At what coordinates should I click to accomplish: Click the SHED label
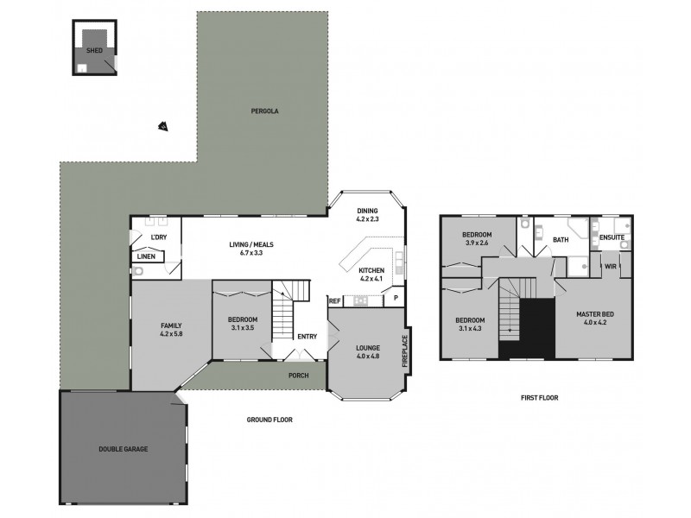(94, 52)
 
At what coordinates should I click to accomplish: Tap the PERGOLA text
(264, 111)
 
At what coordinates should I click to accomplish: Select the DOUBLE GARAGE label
(123, 450)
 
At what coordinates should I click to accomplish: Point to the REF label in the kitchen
(334, 301)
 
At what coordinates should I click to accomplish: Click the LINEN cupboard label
(146, 256)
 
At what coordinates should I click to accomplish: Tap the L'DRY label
(158, 237)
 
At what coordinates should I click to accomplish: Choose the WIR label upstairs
(609, 267)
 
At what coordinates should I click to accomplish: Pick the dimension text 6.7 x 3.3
(246, 254)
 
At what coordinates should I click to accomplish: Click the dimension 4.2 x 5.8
(171, 334)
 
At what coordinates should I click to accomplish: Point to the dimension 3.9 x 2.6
(477, 243)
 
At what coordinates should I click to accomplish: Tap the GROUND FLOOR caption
(269, 420)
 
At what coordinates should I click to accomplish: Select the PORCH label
(299, 376)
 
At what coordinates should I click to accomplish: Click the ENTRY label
(307, 337)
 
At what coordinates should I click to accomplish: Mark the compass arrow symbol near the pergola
(162, 127)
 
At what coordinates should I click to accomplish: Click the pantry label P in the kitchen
(395, 298)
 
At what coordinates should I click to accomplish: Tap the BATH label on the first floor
(561, 240)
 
